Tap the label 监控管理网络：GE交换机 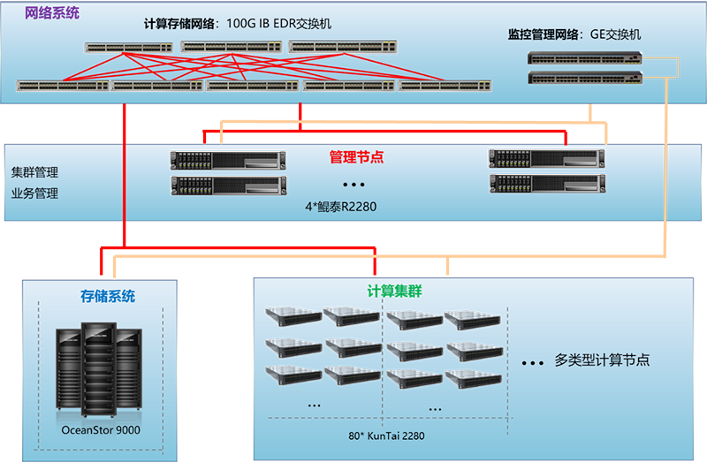(574, 35)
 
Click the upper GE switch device (583, 58)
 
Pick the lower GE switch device (583, 78)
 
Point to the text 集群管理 (35, 172)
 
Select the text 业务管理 (35, 193)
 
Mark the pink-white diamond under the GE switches (661, 123)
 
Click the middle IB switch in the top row (231, 47)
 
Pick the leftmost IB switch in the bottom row (63, 86)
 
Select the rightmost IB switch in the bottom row (445, 86)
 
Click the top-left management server (228, 160)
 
